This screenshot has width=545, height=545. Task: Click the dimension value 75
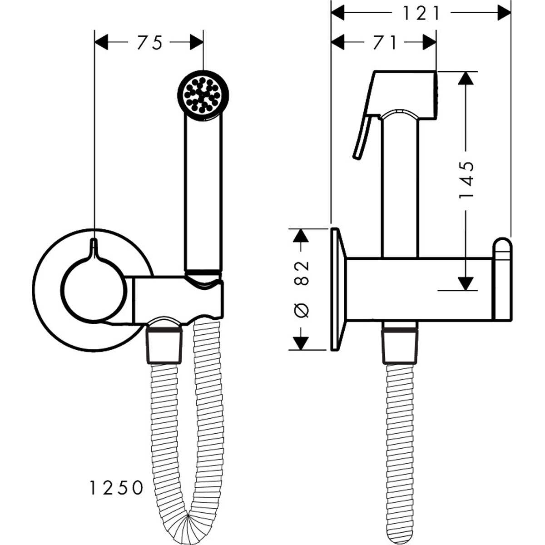(x=150, y=42)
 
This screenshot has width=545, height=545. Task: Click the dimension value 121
(x=421, y=13)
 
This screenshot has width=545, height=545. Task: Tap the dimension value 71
(x=384, y=42)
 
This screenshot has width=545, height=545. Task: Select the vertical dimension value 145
(x=466, y=180)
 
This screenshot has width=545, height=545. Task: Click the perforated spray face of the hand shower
(x=202, y=95)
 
